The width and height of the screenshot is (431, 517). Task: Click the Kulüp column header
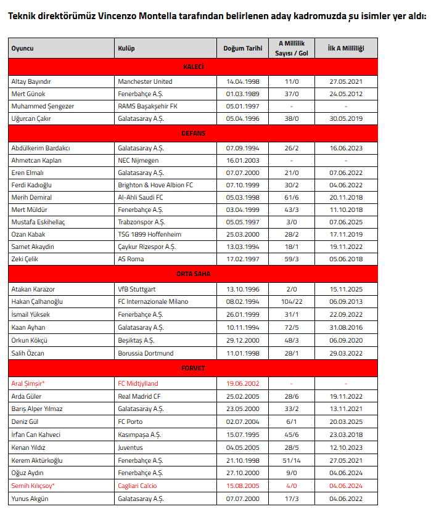click(126, 48)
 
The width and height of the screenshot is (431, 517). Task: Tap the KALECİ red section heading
click(193, 67)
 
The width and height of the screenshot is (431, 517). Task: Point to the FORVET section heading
click(193, 368)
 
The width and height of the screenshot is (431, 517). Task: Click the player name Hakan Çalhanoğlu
click(37, 301)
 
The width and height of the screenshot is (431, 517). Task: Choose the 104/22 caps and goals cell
click(292, 301)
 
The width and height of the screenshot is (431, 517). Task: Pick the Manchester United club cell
click(145, 81)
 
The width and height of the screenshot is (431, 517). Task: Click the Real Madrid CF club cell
click(139, 396)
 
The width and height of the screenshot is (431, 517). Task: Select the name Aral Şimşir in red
click(28, 383)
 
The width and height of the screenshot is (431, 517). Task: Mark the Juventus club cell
click(130, 447)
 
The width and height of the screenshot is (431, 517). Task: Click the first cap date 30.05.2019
click(346, 118)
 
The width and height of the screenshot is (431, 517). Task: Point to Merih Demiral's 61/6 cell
click(292, 197)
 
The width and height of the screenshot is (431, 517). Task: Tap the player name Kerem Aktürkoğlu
click(37, 460)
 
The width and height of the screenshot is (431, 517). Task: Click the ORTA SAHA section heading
click(193, 274)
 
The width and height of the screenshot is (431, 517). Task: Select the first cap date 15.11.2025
click(346, 288)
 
